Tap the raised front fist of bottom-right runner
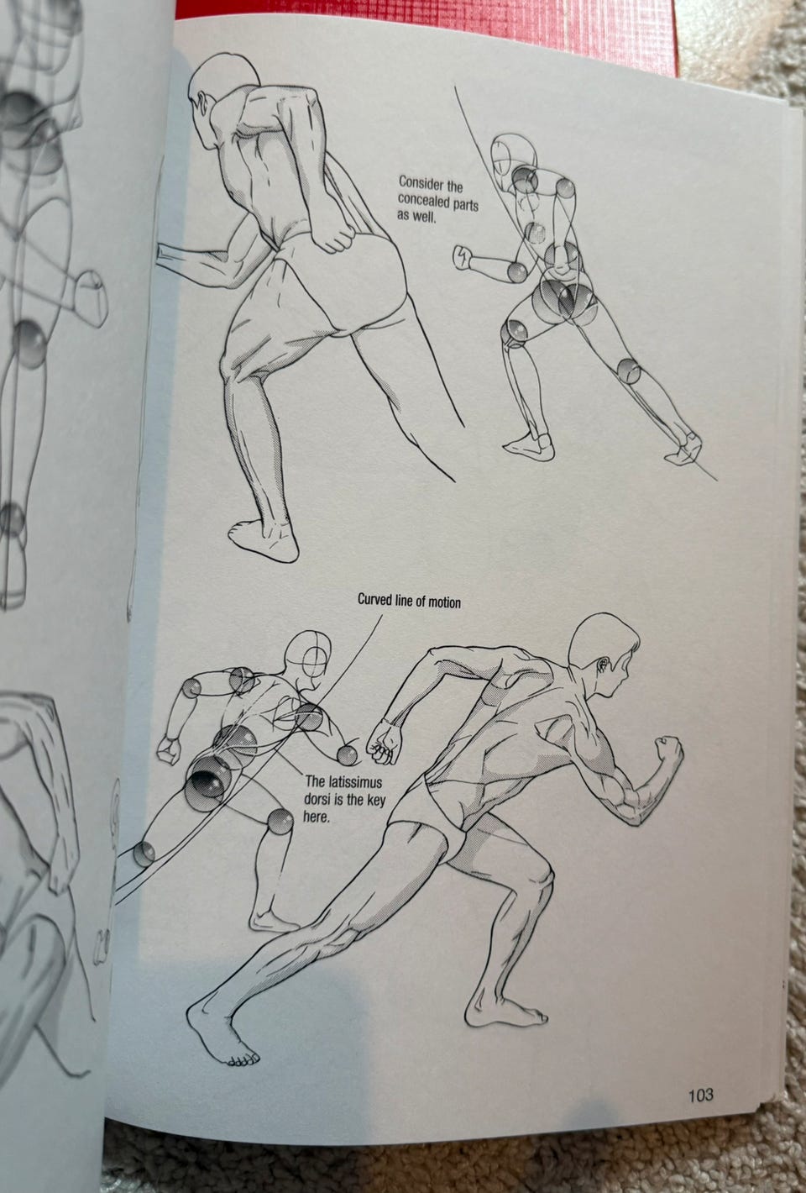pyautogui.click(x=668, y=749)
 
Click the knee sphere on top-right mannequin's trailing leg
pyautogui.click(x=629, y=371)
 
